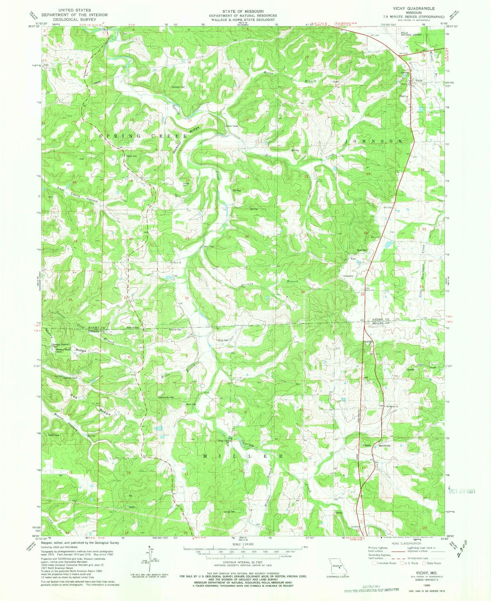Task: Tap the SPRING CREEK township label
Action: [x=143, y=136]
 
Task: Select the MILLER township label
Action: [x=242, y=456]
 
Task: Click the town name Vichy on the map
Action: [x=419, y=81]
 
